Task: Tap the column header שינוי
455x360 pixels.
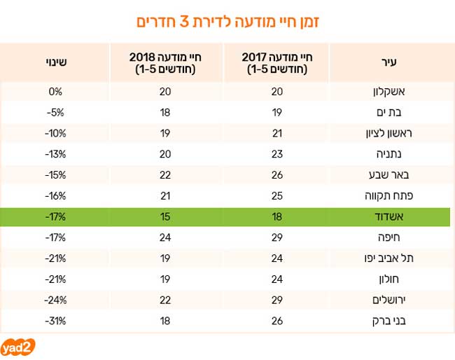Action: pos(57,62)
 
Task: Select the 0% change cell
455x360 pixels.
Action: pos(57,92)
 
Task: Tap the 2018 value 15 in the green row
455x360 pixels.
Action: pos(165,216)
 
